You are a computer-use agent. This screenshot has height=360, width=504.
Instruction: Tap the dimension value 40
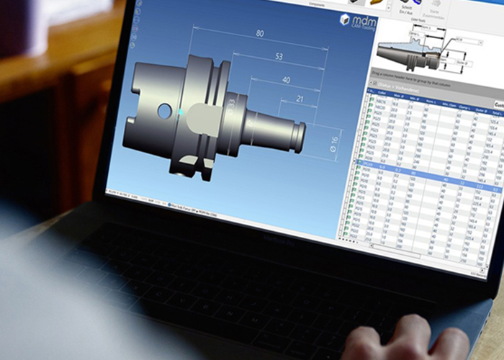click(x=287, y=80)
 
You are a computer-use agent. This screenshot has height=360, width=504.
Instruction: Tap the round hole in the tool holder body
click(x=165, y=111)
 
